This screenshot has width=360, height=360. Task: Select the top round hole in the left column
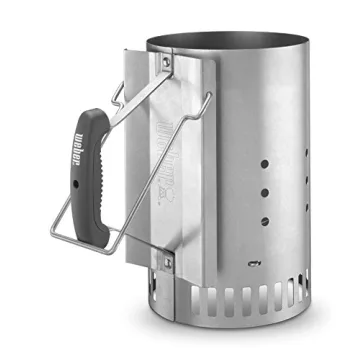pyautogui.click(x=266, y=160)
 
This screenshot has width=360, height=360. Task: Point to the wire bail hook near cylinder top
pyautogui.click(x=209, y=97)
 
